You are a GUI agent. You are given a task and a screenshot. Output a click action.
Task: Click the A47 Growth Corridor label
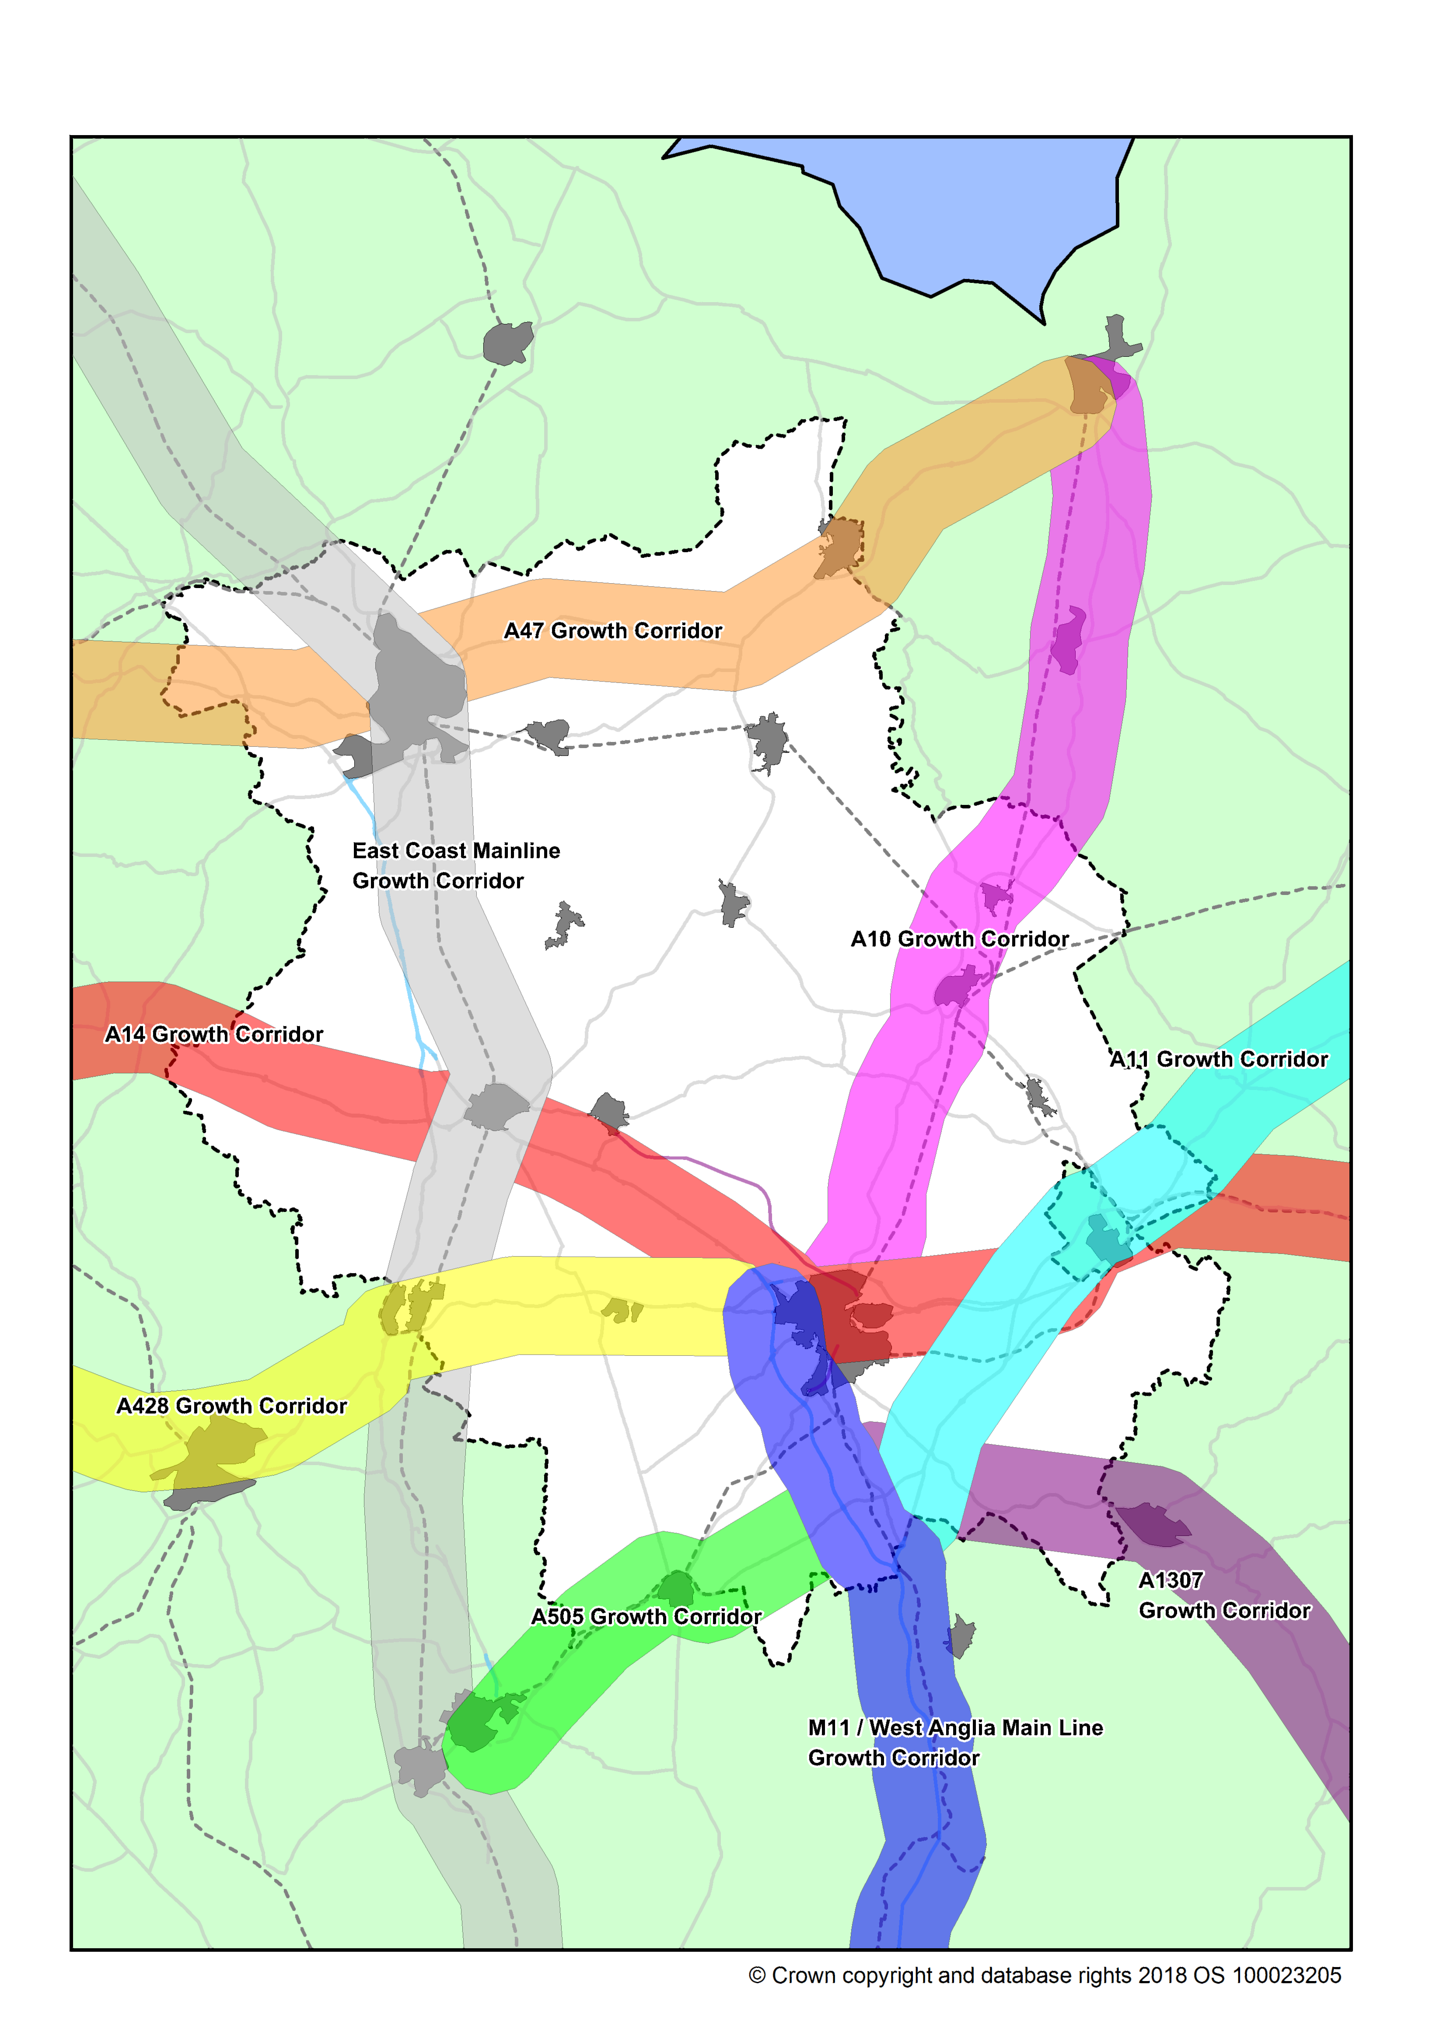pyautogui.click(x=613, y=630)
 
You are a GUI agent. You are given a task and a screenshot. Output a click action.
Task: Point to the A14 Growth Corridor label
pyautogui.click(x=214, y=1034)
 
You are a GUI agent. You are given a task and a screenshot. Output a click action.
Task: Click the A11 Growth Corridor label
pyautogui.click(x=1218, y=1059)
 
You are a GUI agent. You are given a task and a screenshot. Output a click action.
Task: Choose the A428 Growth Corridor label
pyautogui.click(x=232, y=1405)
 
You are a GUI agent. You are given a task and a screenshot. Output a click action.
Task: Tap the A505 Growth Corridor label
pyautogui.click(x=646, y=1616)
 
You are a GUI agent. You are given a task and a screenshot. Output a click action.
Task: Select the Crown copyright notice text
pyautogui.click(x=1044, y=1975)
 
